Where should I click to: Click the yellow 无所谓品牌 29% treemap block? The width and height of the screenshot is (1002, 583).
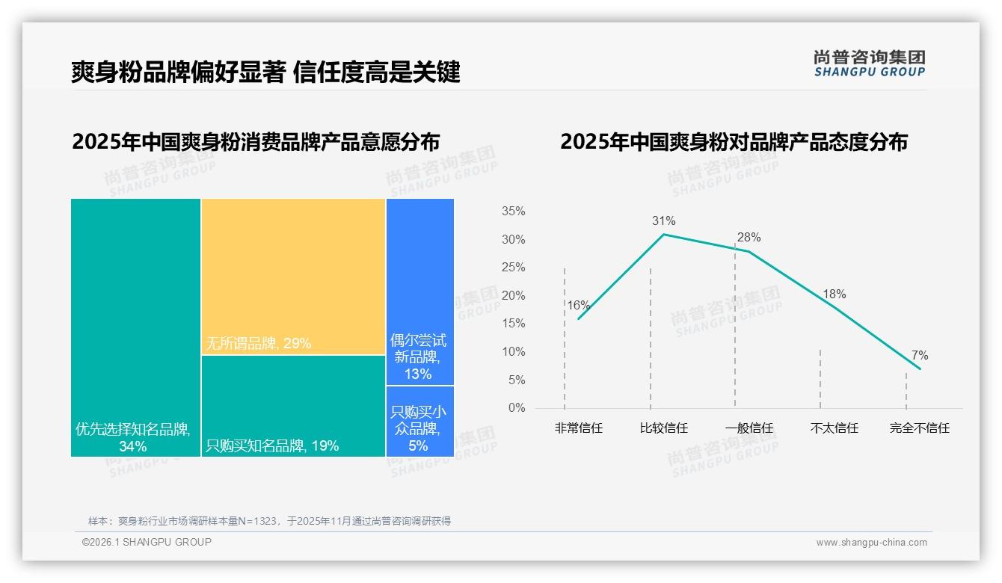pyautogui.click(x=293, y=276)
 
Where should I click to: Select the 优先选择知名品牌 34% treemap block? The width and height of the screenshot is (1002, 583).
pyautogui.click(x=135, y=327)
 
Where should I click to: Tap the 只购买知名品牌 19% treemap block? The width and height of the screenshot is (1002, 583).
pyautogui.click(x=293, y=405)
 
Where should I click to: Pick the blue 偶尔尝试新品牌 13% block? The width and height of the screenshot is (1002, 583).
pyautogui.click(x=419, y=291)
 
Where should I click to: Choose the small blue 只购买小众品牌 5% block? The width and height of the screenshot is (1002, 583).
pyautogui.click(x=419, y=421)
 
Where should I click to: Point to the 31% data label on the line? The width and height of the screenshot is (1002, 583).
pyautogui.click(x=663, y=220)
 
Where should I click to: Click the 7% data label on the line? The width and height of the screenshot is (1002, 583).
pyautogui.click(x=919, y=355)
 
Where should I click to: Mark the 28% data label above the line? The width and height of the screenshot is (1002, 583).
pyautogui.click(x=749, y=238)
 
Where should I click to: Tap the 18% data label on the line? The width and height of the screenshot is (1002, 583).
pyautogui.click(x=834, y=294)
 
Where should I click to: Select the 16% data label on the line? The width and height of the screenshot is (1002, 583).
pyautogui.click(x=578, y=305)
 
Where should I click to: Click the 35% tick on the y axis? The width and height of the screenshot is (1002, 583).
pyautogui.click(x=513, y=212)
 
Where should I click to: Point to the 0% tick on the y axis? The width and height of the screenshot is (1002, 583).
pyautogui.click(x=516, y=408)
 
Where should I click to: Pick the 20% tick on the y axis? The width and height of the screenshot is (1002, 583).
pyautogui.click(x=513, y=296)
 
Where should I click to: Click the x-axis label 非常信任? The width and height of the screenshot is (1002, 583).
pyautogui.click(x=578, y=428)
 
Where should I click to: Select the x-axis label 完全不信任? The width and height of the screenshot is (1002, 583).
pyautogui.click(x=919, y=428)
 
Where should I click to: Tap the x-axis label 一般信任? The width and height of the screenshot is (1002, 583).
pyautogui.click(x=749, y=428)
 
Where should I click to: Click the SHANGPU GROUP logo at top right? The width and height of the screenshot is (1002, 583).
pyautogui.click(x=869, y=64)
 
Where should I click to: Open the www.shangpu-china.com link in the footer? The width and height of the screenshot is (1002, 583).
pyautogui.click(x=871, y=543)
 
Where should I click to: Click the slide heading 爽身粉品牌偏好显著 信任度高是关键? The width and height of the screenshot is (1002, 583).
pyautogui.click(x=265, y=72)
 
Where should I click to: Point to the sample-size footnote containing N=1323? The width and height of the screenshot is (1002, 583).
pyautogui.click(x=269, y=521)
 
